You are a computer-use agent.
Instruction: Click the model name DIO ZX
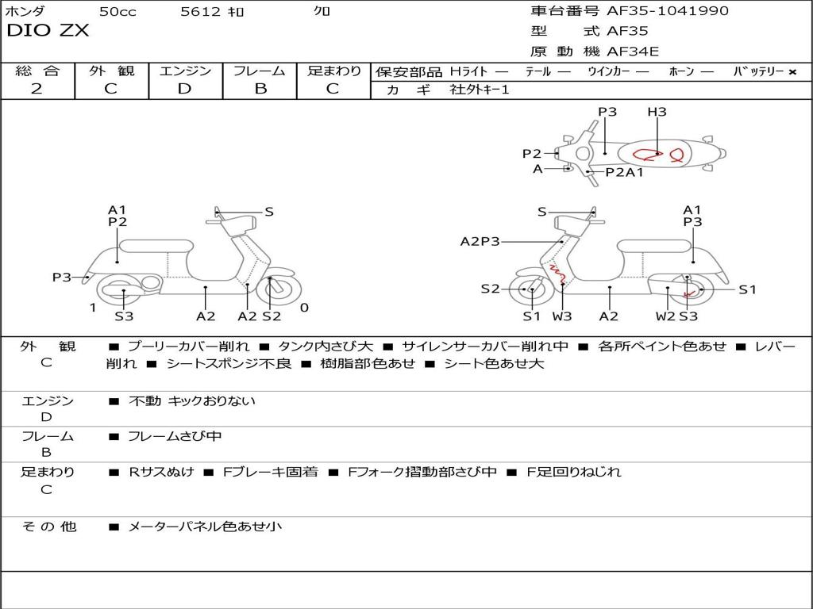pos(48,32)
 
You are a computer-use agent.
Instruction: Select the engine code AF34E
pos(633,52)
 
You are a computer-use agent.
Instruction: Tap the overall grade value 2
pos(37,89)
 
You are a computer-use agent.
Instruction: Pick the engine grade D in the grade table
pos(184,89)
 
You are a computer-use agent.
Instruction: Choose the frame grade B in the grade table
pos(260,89)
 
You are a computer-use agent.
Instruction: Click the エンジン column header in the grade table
pos(185,71)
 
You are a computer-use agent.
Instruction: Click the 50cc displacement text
pos(117,12)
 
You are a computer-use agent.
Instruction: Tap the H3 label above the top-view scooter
pos(657,112)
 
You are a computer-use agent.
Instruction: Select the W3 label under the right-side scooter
pos(562,316)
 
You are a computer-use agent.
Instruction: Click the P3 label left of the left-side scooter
pos(62,277)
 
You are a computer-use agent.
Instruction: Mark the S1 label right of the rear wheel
pos(747,289)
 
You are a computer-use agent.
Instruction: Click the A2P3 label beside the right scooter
pos(480,241)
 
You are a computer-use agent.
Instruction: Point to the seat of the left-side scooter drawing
pos(156,246)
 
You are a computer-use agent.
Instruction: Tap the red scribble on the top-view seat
pos(659,155)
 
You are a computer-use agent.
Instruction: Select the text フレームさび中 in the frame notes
pos(175,436)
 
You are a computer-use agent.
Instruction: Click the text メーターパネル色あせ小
pos(205,526)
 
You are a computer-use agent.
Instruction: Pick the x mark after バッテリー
pos(792,71)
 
